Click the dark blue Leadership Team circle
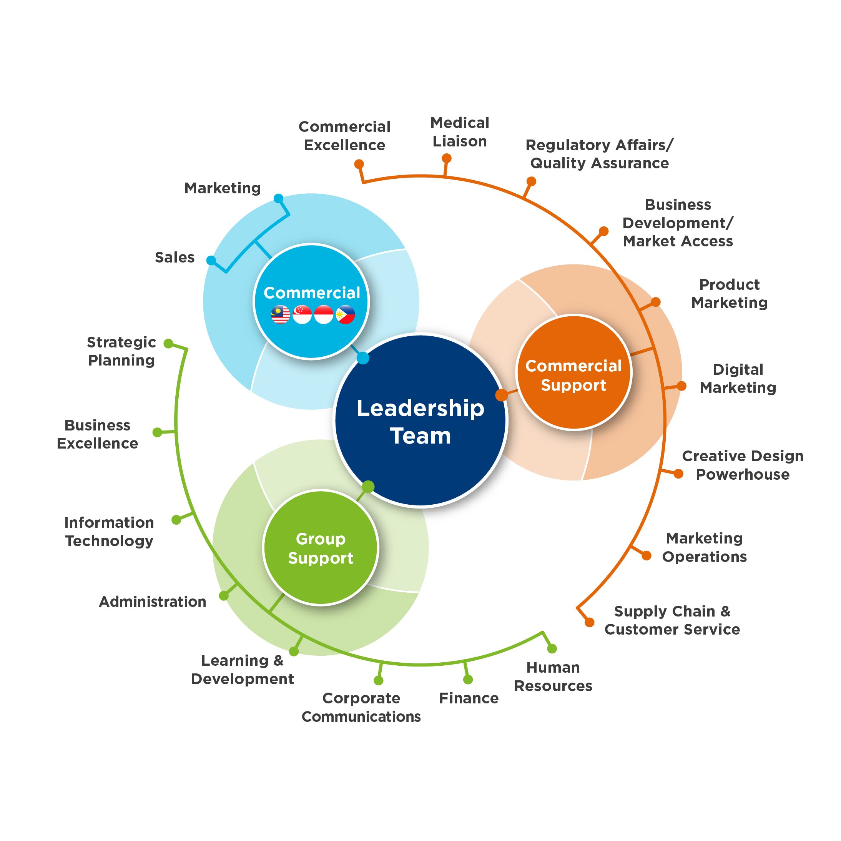point(420,421)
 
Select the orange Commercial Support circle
point(574,372)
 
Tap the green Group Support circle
point(321,548)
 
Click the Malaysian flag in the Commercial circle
point(280,315)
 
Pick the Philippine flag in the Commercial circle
point(345,315)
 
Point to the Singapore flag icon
point(302,315)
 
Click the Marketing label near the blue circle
point(223,188)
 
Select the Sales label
point(175,257)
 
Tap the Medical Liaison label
point(460,132)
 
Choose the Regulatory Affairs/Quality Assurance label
point(599,154)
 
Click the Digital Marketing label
point(738,378)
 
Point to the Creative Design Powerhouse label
point(743,465)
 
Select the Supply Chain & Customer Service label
point(672,620)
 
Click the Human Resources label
point(553,676)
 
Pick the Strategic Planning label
point(121,351)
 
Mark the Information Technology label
point(109,532)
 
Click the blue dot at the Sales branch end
point(211,260)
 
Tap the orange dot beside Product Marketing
point(656,302)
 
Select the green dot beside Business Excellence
point(158,432)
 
